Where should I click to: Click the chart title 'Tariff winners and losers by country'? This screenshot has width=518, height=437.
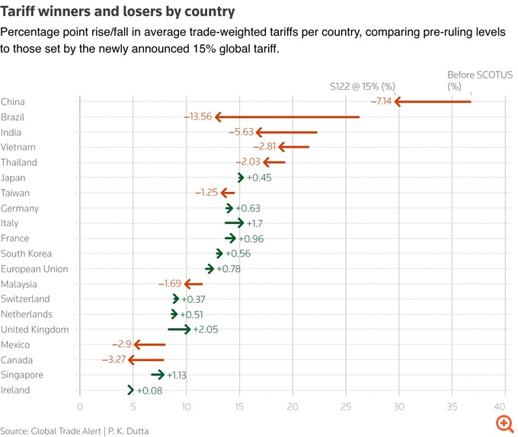pos(117,12)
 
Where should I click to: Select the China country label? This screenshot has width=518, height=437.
pos(13,101)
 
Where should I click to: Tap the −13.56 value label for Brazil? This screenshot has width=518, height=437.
pos(197,116)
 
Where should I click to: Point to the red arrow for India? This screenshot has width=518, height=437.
pos(286,132)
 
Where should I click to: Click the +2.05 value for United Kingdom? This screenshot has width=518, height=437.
pos(207,329)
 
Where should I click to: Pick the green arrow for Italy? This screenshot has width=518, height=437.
pos(235,222)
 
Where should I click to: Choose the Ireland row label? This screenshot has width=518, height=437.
pos(15,390)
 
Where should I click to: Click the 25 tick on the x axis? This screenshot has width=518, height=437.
pos(346,407)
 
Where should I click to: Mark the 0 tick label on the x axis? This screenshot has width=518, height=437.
pos(80,407)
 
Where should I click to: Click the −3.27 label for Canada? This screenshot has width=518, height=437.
pos(114,359)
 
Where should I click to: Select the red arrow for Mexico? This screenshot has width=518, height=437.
pos(145,344)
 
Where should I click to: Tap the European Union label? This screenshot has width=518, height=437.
pos(34,268)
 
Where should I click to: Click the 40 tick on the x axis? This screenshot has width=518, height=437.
pos(500,407)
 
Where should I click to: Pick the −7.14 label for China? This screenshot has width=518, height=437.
pos(381,101)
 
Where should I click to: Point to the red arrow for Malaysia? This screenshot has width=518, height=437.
pos(193,283)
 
